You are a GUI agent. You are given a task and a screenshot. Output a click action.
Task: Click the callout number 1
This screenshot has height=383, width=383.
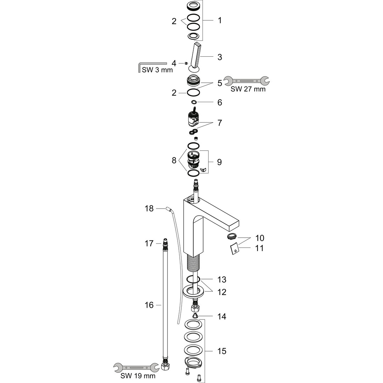(220, 20)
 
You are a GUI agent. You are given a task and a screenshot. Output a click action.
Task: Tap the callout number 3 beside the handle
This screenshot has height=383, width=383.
(220, 57)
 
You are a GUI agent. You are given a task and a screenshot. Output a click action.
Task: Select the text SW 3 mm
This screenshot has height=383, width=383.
(157, 70)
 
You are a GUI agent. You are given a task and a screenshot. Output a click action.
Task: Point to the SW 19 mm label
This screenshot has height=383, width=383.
(138, 376)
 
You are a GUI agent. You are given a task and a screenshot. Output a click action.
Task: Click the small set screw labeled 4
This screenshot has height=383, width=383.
(186, 63)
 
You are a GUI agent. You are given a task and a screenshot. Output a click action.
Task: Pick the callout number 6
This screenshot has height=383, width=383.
(220, 102)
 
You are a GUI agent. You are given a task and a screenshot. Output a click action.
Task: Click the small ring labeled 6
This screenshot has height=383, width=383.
(194, 102)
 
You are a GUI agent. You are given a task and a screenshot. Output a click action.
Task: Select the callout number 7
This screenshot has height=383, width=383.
(220, 123)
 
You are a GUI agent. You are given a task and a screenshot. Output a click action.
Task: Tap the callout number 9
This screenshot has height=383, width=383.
(220, 162)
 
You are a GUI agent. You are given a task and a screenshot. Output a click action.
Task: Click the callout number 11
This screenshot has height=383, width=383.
(259, 248)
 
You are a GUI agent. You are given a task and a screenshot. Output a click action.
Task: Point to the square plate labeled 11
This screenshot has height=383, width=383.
(235, 249)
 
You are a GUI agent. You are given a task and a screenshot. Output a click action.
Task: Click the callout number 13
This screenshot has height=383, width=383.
(222, 279)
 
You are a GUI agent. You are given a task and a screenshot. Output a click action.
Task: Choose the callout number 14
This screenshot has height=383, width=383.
(222, 317)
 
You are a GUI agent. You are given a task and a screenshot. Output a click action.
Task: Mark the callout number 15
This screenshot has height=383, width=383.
(222, 351)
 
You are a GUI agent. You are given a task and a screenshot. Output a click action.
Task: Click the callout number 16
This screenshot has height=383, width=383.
(149, 305)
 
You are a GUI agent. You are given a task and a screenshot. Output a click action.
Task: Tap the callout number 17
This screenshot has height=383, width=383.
(149, 244)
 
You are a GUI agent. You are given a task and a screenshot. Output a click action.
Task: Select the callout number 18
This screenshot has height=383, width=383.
(149, 209)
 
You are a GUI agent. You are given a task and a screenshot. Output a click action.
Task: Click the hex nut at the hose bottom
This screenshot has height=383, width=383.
(165, 367)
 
